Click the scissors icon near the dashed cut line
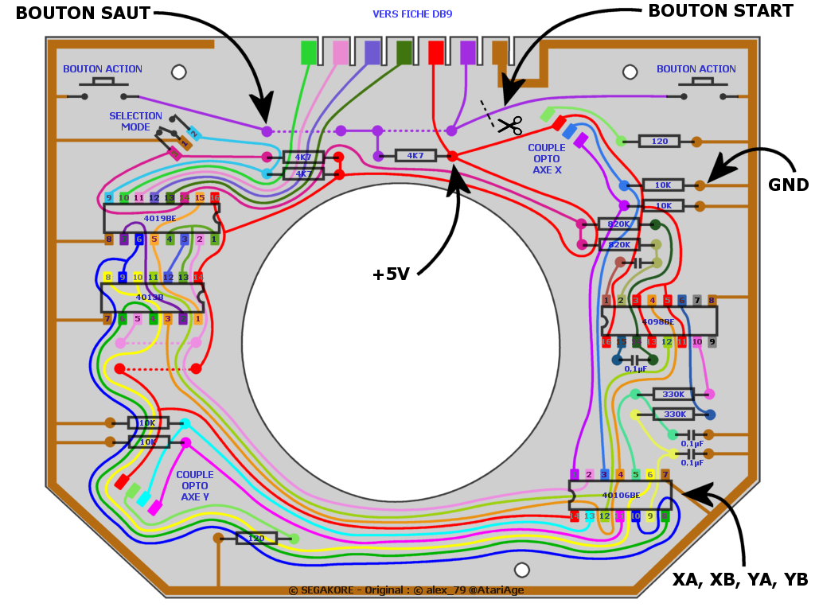(509, 125)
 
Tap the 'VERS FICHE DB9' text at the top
(412, 14)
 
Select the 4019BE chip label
(160, 218)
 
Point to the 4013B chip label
(150, 298)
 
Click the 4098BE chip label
(658, 321)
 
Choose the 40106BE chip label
(621, 495)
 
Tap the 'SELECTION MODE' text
(135, 122)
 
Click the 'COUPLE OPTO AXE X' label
(547, 158)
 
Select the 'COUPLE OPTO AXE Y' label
(194, 485)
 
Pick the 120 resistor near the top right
(660, 142)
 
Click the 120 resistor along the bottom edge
(256, 539)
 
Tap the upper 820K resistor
(618, 224)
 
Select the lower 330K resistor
(674, 414)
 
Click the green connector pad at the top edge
(309, 53)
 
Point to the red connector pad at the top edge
(436, 53)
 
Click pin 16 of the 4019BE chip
(214, 197)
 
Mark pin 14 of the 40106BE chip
(575, 516)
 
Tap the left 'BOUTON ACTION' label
(103, 69)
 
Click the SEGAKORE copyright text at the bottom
(406, 590)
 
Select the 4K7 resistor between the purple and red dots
(415, 156)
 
